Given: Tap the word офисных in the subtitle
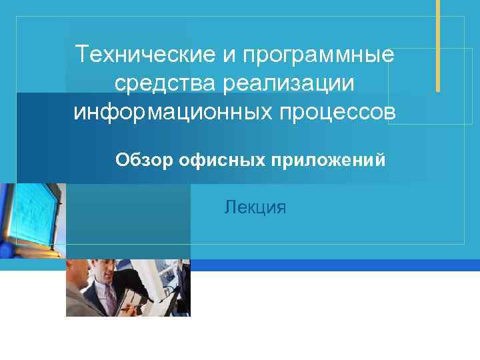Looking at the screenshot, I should pyautogui.click(x=220, y=160).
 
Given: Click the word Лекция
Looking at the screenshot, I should pyautogui.click(x=256, y=207).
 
